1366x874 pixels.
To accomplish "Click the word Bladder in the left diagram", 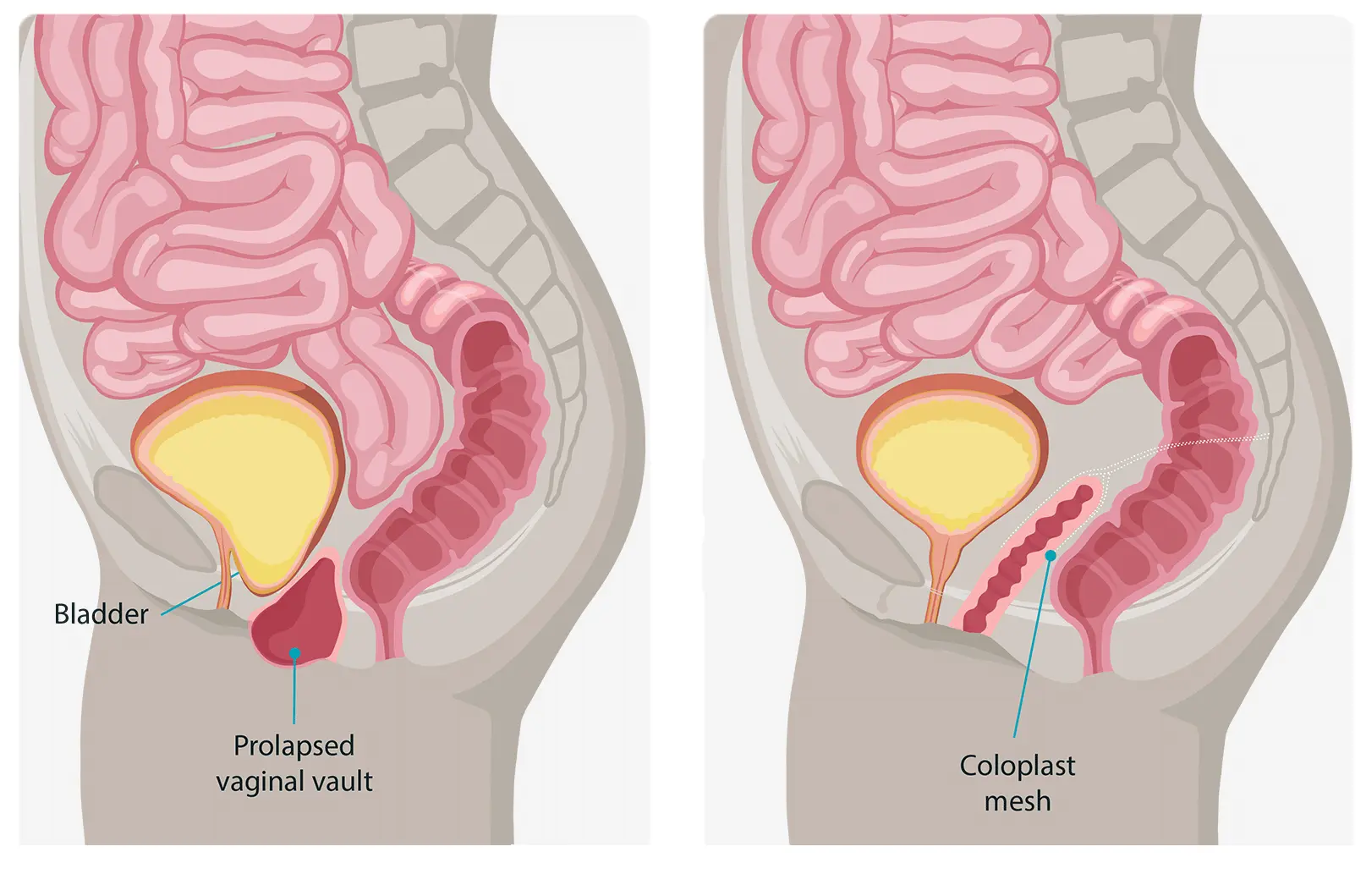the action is [x=101, y=614].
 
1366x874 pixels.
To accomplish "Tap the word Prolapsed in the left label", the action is [x=294, y=746].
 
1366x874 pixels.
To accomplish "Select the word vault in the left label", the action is [x=344, y=781].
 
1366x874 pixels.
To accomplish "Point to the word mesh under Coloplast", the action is [x=1018, y=800].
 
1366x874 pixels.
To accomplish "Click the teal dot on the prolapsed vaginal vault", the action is [x=294, y=653].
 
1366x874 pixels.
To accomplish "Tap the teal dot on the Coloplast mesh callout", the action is [x=1051, y=556].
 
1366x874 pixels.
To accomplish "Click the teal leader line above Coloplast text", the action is [x=1033, y=646].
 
